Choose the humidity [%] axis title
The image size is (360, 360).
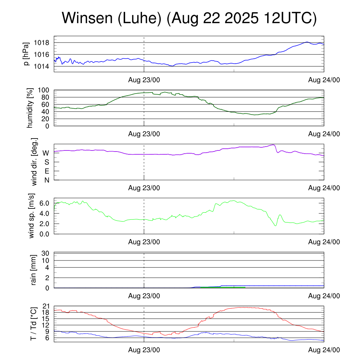click(30, 108)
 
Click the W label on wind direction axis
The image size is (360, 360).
click(46, 153)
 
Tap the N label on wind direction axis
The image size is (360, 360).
click(46, 180)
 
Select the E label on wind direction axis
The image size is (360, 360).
click(46, 171)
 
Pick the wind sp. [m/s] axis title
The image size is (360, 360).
click(32, 216)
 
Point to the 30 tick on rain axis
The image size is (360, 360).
click(45, 253)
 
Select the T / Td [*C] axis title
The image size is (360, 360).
click(34, 323)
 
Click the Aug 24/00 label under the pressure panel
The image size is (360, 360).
click(324, 80)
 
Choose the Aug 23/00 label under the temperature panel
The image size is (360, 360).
click(144, 350)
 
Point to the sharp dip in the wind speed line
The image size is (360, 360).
click(276, 225)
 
